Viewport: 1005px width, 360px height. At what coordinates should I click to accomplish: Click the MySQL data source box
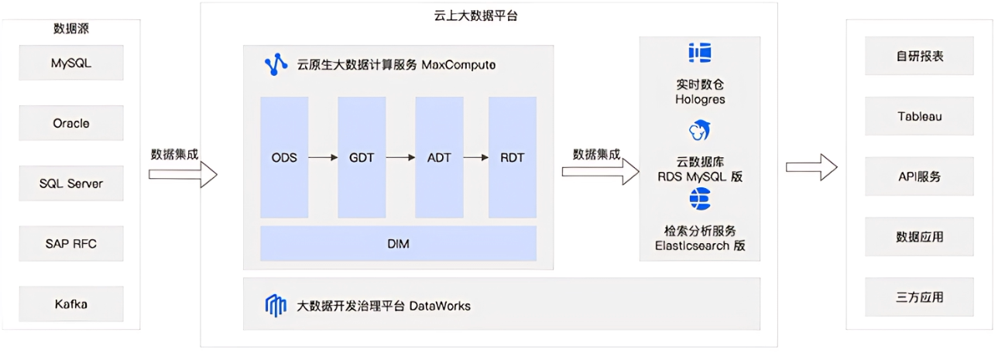coord(71,63)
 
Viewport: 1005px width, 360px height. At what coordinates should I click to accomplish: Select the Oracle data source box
coord(71,123)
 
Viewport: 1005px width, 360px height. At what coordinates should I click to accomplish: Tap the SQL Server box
coord(71,183)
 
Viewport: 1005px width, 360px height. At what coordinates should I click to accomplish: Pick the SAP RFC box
coord(71,244)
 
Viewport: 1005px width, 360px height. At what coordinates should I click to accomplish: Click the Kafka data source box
coord(71,303)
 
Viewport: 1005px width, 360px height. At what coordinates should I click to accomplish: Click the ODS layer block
coord(284,157)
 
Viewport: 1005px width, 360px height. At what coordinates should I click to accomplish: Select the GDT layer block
coord(362,157)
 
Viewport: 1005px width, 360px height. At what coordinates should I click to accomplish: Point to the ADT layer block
coord(439,157)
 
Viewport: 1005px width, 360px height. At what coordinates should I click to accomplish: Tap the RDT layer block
coord(512,157)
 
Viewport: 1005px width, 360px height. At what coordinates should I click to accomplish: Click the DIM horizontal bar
coord(398,244)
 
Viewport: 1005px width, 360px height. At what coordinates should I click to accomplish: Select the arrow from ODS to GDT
coord(323,158)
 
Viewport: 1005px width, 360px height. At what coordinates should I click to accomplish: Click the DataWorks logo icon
coord(276,306)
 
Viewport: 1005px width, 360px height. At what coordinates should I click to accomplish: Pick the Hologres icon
coord(699,53)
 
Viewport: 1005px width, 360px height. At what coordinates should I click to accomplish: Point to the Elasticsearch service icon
coord(699,199)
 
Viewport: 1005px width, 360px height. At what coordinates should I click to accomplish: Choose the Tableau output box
coord(919,117)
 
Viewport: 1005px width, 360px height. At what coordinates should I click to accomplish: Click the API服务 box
coord(919,177)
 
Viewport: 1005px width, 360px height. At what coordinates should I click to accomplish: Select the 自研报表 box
coord(919,57)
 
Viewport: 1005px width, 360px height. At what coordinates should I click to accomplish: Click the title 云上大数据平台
coord(475,15)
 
